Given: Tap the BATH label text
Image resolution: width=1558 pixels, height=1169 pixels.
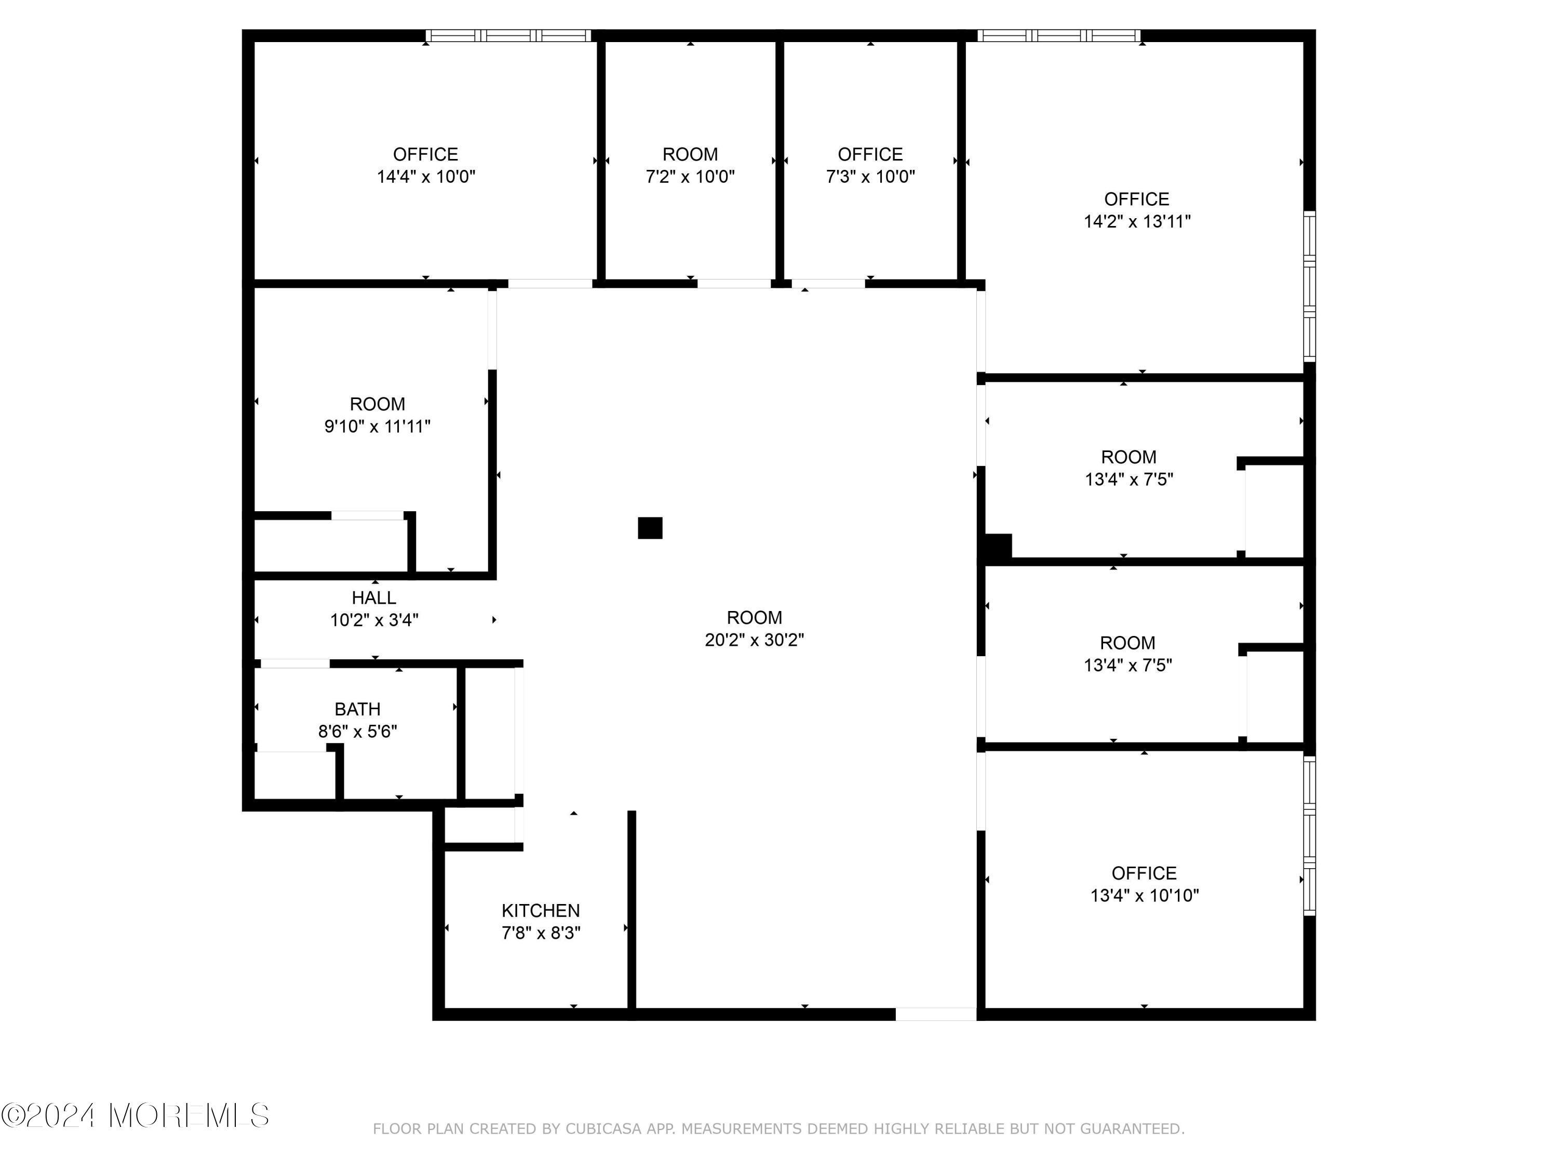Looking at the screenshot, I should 357,709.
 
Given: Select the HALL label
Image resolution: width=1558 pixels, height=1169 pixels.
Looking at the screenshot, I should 373,597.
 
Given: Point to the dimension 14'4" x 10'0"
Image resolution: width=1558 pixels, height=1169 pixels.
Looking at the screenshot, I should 425,176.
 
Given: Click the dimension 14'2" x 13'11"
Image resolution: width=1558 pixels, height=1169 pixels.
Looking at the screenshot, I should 1136,221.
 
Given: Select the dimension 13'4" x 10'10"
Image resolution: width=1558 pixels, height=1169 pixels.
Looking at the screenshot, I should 1144,896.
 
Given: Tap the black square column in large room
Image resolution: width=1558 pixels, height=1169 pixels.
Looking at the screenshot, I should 649,528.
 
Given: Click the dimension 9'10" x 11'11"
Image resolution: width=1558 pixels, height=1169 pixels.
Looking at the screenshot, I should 377,427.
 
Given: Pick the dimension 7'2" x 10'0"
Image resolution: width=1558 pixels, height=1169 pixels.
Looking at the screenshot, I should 690,176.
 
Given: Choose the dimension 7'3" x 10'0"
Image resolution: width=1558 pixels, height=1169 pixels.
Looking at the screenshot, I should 870,176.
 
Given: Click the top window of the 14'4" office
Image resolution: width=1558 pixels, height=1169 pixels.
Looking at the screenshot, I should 508,35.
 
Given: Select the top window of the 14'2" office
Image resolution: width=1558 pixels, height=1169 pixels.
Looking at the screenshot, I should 1058,35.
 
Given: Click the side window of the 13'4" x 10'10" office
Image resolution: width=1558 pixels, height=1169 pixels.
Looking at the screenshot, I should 1309,835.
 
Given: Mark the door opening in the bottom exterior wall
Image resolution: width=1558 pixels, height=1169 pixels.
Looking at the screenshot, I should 935,1014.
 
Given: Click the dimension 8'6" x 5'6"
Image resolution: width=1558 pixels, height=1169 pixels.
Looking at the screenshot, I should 357,732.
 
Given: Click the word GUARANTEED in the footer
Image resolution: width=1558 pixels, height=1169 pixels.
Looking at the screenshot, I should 1131,1130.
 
